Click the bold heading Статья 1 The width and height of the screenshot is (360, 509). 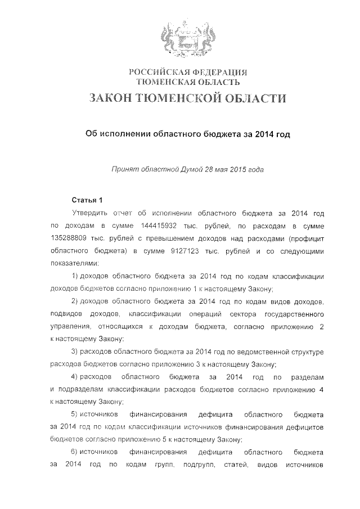88,200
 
